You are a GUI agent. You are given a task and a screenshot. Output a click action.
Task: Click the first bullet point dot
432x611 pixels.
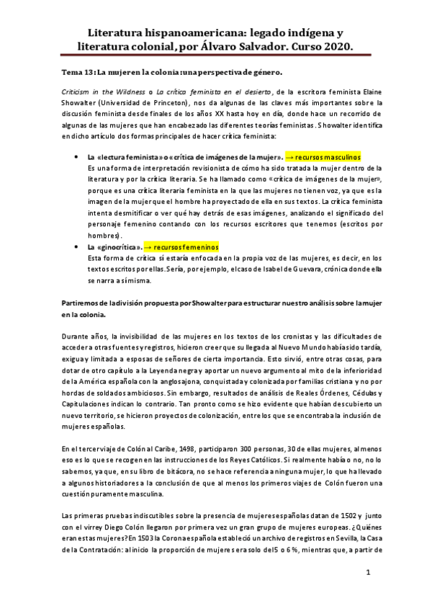[76, 157]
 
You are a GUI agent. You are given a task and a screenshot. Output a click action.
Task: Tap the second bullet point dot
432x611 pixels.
[76, 246]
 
